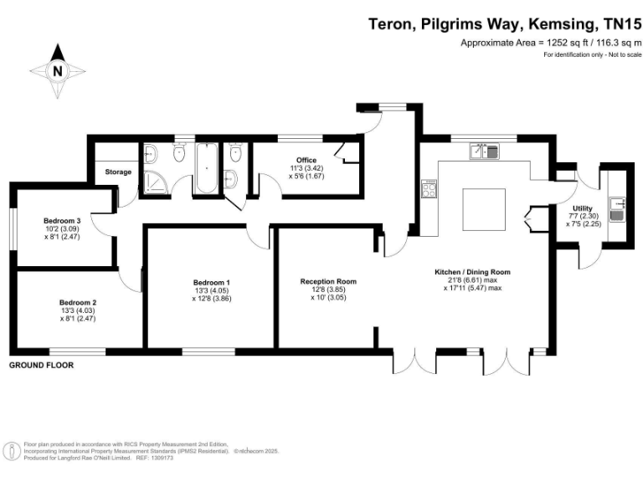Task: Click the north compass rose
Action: [x=57, y=71]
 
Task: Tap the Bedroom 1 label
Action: [x=211, y=282]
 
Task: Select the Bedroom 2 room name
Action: [x=78, y=302]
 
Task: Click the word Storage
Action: [x=118, y=172]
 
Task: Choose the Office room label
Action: [x=306, y=160]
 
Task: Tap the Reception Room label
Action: [x=328, y=281]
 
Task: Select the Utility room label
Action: [x=583, y=208]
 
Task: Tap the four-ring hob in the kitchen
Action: [x=430, y=189]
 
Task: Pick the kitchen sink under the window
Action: [x=484, y=151]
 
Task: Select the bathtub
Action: [x=205, y=169]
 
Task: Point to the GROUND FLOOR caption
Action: [x=41, y=366]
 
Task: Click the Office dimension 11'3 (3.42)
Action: [x=306, y=168]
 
